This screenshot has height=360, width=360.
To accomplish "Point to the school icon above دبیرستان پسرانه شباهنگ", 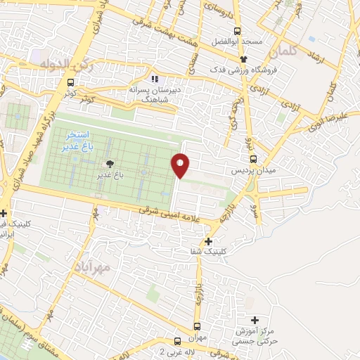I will [x=154, y=79].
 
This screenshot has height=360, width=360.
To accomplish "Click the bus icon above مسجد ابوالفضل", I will [x=238, y=31].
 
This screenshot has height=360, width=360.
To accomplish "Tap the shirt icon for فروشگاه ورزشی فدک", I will [x=243, y=59].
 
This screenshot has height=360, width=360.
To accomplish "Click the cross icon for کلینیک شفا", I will [x=208, y=241].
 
